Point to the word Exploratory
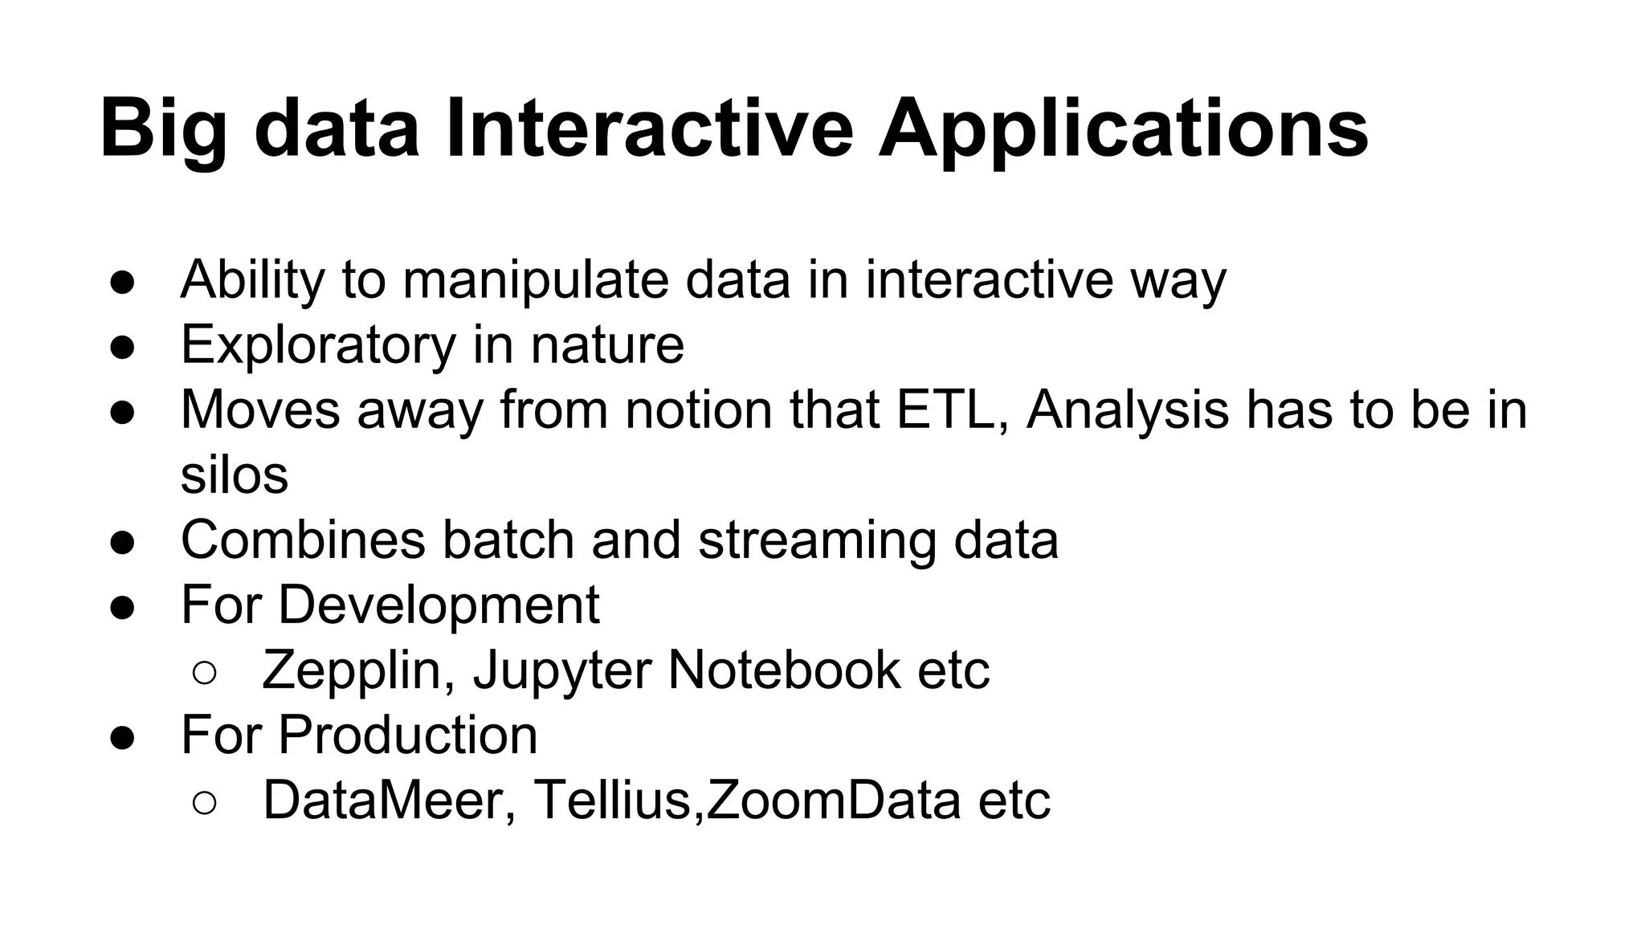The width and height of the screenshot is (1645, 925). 318,344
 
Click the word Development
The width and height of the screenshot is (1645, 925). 439,604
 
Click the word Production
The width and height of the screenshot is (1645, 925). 407,734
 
